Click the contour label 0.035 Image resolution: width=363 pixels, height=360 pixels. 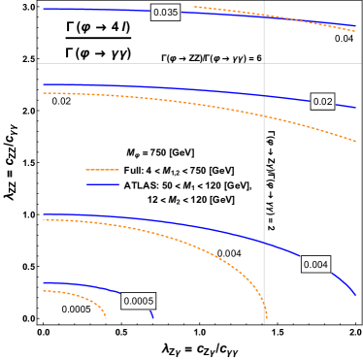pos(165,13)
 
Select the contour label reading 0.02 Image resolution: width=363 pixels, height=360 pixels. pos(322,101)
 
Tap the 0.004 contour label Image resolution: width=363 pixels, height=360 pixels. pos(315,264)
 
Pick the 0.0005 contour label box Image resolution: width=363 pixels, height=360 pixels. pos(139,301)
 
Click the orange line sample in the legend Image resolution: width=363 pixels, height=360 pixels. pos(102,170)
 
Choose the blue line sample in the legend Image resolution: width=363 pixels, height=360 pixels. pos(102,184)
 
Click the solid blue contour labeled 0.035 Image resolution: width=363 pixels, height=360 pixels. pos(97,10)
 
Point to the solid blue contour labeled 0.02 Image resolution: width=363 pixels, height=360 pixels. pos(194,90)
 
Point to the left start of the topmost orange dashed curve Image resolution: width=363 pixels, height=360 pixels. pos(195,7)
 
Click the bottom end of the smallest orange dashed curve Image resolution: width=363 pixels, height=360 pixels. pos(106,318)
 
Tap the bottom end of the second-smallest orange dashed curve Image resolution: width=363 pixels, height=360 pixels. pos(266,318)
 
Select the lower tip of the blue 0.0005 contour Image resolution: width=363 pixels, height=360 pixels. pos(153,318)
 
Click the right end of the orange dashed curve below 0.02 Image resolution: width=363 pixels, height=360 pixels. pos(356,143)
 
